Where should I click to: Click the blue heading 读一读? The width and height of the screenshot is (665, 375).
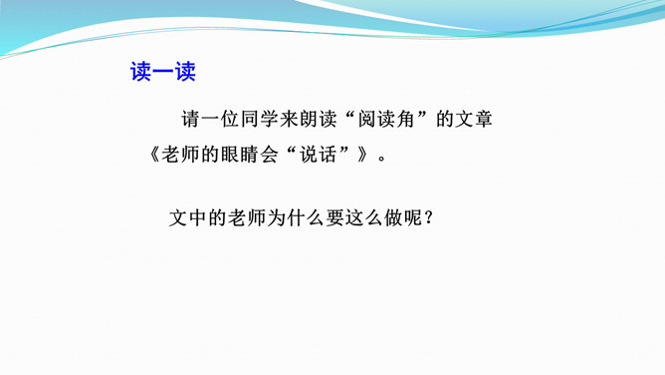pos(163,72)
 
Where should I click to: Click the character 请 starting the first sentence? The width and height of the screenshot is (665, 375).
pos(191,119)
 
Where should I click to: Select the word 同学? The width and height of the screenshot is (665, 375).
pos(259,119)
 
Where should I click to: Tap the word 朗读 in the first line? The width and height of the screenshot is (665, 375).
pos(318,119)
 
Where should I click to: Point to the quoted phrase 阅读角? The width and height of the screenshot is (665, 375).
pos(386,119)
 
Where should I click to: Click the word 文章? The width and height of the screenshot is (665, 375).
pos(474,119)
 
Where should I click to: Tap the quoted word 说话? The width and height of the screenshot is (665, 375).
pos(318,155)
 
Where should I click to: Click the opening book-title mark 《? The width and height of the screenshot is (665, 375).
pos(154,155)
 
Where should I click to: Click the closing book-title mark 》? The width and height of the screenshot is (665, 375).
pos(362,155)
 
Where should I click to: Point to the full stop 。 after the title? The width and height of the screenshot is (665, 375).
pos(382,158)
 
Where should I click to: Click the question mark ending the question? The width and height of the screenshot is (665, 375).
pos(429,218)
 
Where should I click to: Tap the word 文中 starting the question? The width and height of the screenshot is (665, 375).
pos(187,217)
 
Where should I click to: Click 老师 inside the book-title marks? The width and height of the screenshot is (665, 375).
pos(180,155)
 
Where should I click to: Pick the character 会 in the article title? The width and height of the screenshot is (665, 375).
pos(269,155)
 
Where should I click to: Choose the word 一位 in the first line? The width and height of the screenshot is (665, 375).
pos(220,119)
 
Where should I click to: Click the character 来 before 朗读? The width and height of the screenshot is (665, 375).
pos(289,119)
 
